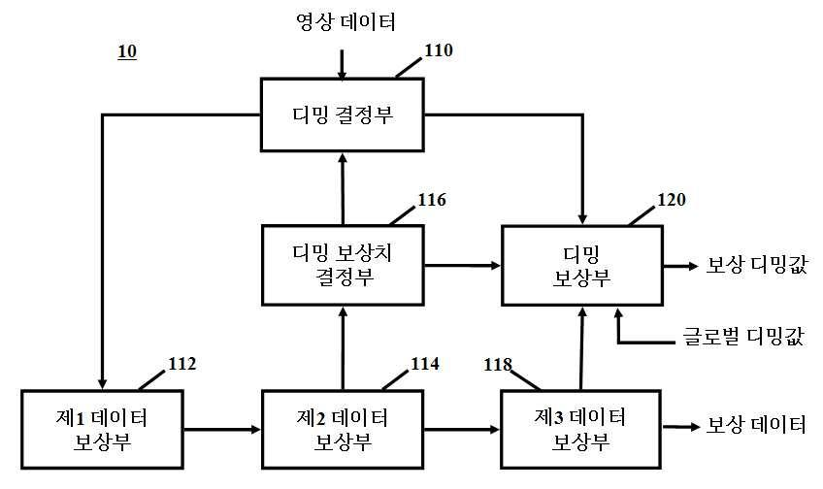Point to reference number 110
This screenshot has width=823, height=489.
[439, 50]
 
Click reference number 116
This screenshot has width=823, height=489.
[432, 199]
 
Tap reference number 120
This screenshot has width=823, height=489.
[672, 199]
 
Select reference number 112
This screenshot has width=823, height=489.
[182, 364]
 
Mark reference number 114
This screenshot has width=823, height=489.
[425, 364]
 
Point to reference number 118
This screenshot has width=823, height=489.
[498, 364]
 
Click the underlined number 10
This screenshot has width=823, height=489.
[127, 52]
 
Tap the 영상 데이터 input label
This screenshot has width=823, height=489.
[346, 22]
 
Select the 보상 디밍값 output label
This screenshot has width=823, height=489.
[756, 264]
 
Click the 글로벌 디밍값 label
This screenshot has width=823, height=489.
[743, 336]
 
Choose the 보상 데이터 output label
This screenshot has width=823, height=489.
[756, 424]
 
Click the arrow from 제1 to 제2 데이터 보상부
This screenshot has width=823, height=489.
[222, 430]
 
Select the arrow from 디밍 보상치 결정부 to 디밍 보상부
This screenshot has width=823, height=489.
[462, 266]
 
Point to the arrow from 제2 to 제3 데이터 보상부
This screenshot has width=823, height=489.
[462, 430]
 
